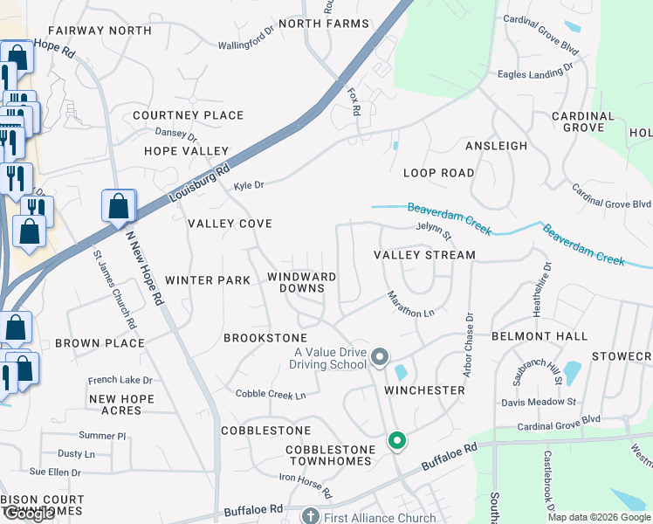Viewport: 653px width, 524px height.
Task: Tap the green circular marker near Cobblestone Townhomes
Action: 397,441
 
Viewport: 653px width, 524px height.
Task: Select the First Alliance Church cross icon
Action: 310,515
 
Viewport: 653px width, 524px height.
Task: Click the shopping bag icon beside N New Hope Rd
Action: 119,207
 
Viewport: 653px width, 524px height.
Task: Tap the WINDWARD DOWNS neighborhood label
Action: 301,282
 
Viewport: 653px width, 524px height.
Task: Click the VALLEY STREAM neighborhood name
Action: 424,255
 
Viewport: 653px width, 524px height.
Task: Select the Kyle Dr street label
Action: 249,185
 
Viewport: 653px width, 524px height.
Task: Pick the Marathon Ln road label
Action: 410,304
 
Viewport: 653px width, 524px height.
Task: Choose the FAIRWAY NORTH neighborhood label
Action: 100,31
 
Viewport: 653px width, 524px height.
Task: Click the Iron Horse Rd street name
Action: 306,486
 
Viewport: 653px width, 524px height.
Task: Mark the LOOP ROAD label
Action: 438,173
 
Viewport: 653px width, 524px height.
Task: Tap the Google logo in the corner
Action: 28,514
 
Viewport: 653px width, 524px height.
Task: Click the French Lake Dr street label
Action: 120,380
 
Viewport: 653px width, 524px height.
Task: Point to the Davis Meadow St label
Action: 539,402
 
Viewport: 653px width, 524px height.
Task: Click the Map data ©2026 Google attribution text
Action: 599,516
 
